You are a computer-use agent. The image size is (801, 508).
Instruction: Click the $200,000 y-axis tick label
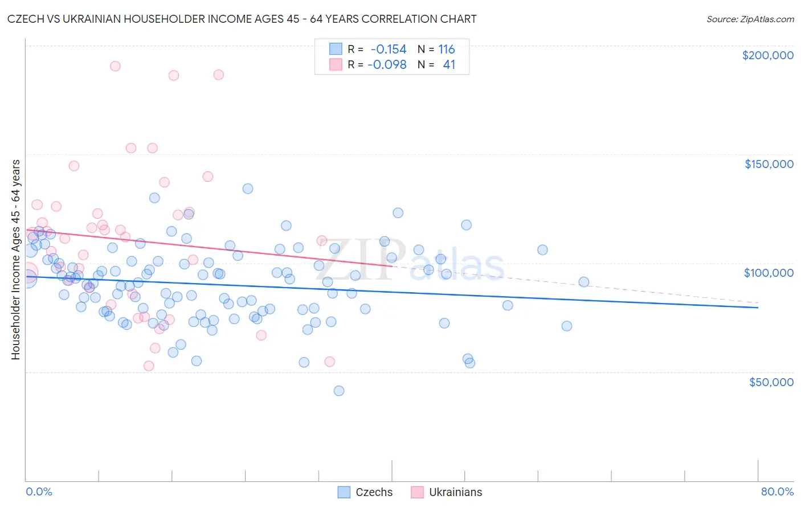coord(767,55)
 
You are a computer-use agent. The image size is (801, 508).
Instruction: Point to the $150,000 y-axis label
coord(769,164)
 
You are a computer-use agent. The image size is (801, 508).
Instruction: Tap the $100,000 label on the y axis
coord(769,273)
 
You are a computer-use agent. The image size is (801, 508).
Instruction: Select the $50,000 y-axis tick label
coord(771,382)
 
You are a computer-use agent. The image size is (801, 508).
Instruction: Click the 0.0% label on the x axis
coord(39,491)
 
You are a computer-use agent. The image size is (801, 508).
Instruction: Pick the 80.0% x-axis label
coord(777,491)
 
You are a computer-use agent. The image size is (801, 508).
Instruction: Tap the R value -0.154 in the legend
coord(389,50)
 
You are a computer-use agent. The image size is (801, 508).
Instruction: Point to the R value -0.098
coord(387,64)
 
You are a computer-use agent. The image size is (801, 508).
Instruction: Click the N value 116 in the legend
coord(447,50)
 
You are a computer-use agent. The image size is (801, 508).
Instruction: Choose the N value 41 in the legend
coord(449,64)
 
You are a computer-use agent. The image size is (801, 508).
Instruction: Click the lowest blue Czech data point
coord(339,391)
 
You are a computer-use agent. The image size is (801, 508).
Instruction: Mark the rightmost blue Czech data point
coord(583,282)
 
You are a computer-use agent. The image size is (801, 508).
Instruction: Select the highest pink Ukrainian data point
coord(115,66)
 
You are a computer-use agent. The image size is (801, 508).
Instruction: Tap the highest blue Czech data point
coord(248,189)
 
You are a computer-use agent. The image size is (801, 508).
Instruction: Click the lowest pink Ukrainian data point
coord(149,366)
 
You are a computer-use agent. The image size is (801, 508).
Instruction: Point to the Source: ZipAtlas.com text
coord(750,19)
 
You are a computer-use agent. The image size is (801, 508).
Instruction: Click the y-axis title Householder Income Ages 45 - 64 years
coord(15,259)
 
